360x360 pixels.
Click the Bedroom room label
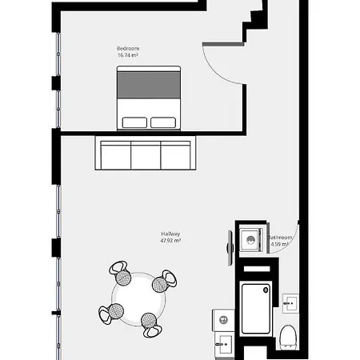tap(128, 49)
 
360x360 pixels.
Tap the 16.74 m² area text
tap(128, 56)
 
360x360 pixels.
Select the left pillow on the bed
tap(136, 122)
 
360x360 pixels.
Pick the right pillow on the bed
tap(164, 122)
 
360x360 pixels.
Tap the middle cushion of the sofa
tap(146, 154)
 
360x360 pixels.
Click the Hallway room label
tap(171, 234)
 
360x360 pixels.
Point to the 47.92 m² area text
tap(171, 241)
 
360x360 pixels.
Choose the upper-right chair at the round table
tap(166, 280)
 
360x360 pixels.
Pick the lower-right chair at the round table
tap(152, 322)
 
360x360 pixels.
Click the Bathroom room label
tap(282, 238)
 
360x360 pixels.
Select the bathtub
tap(257, 307)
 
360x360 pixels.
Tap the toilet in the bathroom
tap(290, 336)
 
